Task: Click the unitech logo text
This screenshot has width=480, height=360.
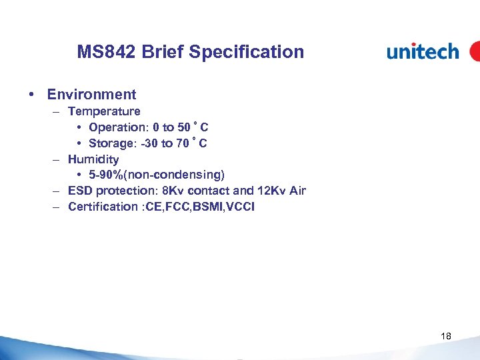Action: (x=423, y=52)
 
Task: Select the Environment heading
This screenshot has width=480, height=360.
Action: (x=91, y=95)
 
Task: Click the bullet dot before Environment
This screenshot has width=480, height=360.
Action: (x=32, y=95)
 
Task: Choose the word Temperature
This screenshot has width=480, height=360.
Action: (x=104, y=111)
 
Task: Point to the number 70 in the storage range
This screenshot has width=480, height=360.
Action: (x=184, y=143)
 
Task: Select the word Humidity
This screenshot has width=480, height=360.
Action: (x=93, y=159)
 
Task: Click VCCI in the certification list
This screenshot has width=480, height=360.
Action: (x=241, y=207)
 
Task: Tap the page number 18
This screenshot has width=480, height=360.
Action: (x=446, y=337)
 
